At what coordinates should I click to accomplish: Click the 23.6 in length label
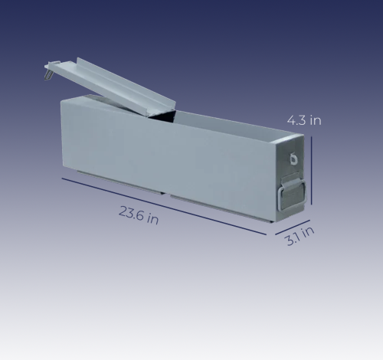click(139, 215)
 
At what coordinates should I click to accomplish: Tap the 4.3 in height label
click(304, 120)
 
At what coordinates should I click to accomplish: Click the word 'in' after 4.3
click(316, 120)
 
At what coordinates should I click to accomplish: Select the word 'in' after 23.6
click(153, 220)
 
